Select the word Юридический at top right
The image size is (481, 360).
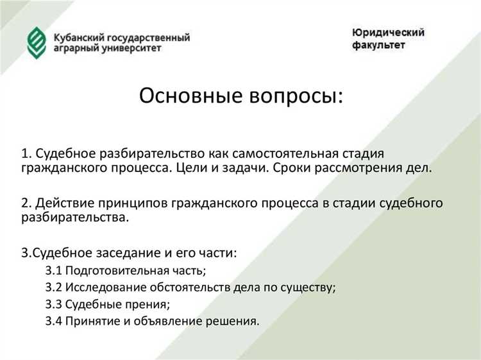coord(388,33)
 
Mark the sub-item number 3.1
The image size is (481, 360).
coord(53,270)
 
